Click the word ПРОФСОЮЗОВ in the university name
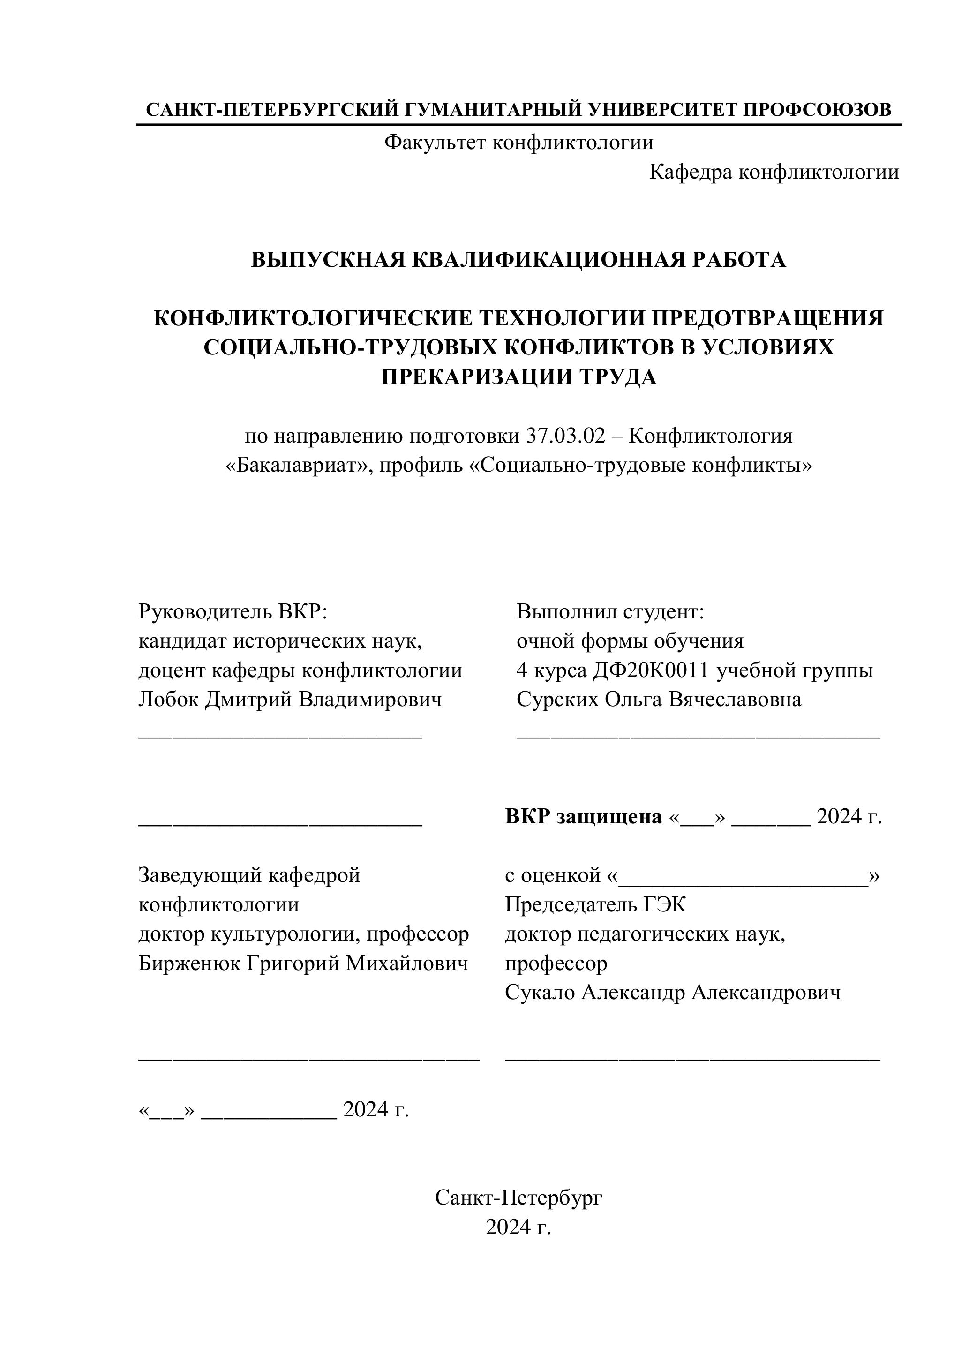click(817, 109)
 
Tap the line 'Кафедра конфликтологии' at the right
click(774, 172)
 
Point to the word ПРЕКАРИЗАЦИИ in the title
click(476, 377)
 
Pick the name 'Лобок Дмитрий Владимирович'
click(290, 699)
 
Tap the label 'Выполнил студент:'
click(611, 611)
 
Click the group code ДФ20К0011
click(651, 670)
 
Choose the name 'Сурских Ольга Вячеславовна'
click(659, 699)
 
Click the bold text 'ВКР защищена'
click(583, 816)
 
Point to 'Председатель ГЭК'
click(595, 904)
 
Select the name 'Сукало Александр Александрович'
click(673, 993)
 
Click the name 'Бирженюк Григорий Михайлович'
click(303, 963)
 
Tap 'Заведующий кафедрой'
click(249, 875)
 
